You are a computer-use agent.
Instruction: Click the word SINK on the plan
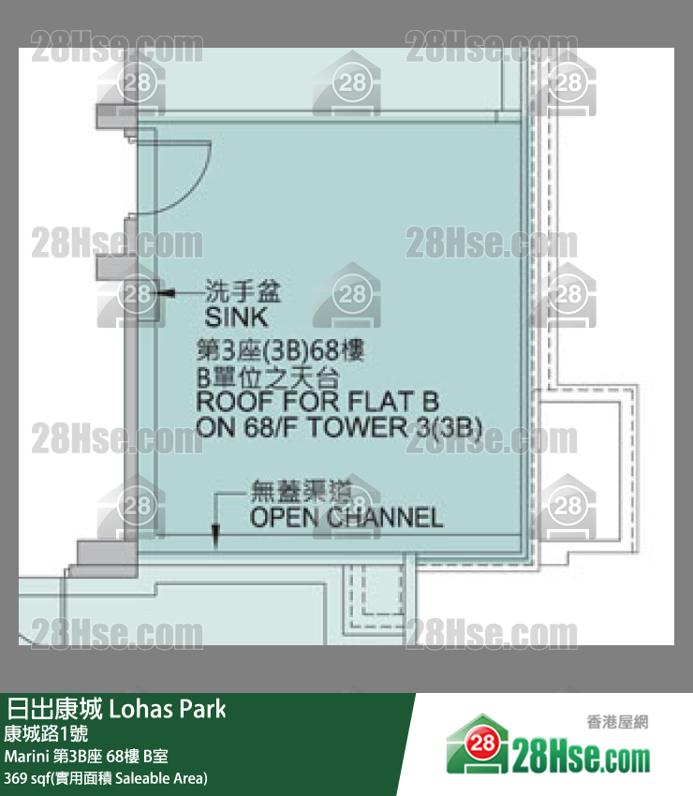click(236, 317)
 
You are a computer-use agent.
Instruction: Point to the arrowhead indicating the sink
click(161, 294)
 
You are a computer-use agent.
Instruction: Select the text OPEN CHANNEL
click(346, 517)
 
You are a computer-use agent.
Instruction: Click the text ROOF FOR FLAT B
click(317, 404)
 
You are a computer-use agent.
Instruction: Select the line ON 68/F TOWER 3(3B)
click(338, 428)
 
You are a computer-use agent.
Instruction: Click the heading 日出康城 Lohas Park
click(117, 708)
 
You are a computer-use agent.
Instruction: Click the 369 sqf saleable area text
click(106, 778)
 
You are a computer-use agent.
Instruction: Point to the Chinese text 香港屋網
click(617, 722)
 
